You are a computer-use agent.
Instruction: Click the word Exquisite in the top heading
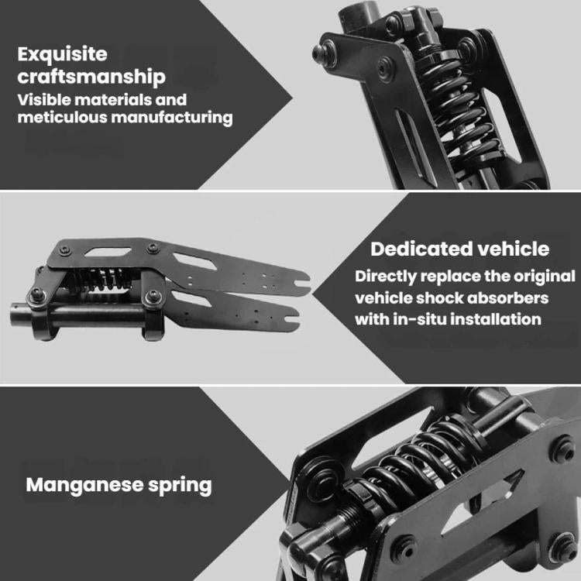click(62, 55)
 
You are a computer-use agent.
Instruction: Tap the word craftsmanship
click(91, 77)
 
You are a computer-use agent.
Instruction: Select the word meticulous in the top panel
click(62, 117)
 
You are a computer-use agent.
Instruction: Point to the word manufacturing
click(172, 118)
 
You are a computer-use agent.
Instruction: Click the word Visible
click(44, 100)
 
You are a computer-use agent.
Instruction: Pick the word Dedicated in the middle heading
click(421, 249)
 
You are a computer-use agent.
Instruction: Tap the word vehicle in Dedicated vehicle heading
click(513, 249)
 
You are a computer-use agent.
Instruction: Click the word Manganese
click(84, 485)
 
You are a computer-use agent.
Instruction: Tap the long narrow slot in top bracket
click(416, 148)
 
